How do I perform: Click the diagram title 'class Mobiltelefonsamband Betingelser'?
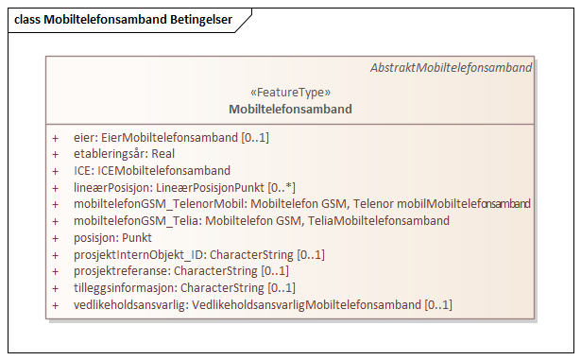(x=123, y=20)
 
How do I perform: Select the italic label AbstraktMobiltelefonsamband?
(x=451, y=68)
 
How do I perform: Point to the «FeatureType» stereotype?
(x=290, y=93)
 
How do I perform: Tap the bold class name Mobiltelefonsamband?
(x=290, y=109)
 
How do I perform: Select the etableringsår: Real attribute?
(x=124, y=154)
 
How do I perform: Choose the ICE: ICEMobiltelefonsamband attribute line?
(x=151, y=171)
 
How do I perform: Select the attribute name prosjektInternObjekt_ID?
(x=139, y=254)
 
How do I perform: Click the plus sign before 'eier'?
(x=56, y=138)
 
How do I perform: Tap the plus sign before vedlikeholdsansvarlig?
(x=56, y=304)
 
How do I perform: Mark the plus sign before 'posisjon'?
(x=56, y=238)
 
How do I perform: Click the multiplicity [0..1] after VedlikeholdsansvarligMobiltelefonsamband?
(x=437, y=304)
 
